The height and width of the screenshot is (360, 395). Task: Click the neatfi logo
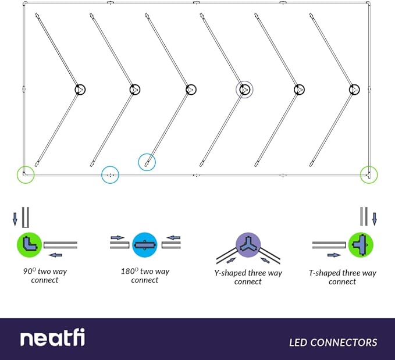click(52, 338)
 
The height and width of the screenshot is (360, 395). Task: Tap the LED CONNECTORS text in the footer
click(333, 343)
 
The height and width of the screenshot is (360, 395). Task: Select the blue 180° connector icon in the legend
click(143, 244)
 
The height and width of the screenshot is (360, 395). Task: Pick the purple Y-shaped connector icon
click(247, 244)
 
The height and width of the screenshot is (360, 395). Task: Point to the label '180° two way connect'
click(145, 276)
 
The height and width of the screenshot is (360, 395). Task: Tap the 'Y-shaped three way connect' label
click(248, 277)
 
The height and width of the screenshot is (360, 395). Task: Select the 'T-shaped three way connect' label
click(342, 277)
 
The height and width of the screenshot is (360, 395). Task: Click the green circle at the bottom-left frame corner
click(25, 174)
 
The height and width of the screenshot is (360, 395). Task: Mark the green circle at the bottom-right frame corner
click(368, 174)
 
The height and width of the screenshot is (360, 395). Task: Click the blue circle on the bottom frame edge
click(110, 174)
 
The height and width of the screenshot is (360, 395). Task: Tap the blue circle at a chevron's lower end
click(147, 162)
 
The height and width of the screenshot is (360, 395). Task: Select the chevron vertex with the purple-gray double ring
click(244, 90)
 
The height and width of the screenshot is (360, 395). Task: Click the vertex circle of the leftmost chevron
click(80, 90)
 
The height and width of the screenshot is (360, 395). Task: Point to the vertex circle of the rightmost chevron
click(355, 90)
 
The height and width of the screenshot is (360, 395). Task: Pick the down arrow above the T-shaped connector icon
click(374, 219)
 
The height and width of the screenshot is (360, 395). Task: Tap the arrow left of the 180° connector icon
click(117, 237)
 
